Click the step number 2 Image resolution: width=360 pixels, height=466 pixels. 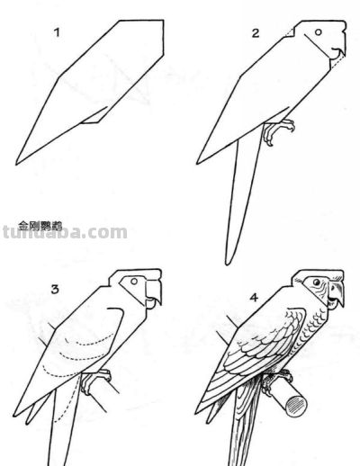[256, 33]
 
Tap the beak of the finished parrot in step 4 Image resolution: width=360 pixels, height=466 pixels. [337, 297]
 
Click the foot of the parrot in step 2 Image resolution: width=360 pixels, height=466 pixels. [279, 131]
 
